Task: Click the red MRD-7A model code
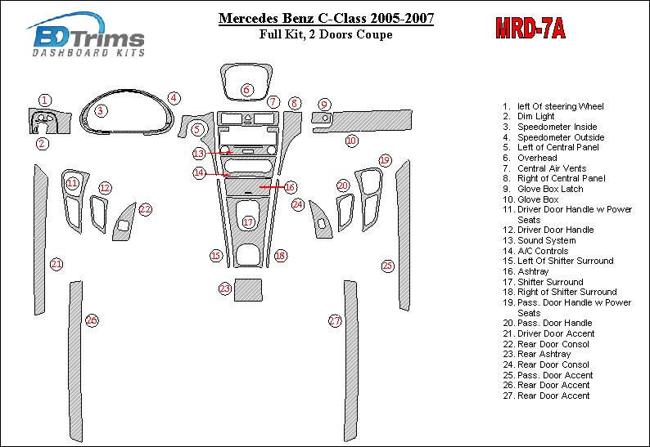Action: pyautogui.click(x=530, y=28)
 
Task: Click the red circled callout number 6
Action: pyautogui.click(x=246, y=90)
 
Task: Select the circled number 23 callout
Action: pyautogui.click(x=224, y=288)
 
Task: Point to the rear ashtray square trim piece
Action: pyautogui.click(x=248, y=290)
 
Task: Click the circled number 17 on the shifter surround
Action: pyautogui.click(x=248, y=222)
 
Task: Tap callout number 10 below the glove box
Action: pyautogui.click(x=351, y=141)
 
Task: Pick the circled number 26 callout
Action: pyautogui.click(x=92, y=320)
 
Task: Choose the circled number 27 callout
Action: pyautogui.click(x=335, y=321)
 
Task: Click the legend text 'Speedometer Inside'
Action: pyautogui.click(x=557, y=127)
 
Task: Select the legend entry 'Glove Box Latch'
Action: pyautogui.click(x=550, y=189)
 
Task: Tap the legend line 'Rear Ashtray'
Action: pyautogui.click(x=544, y=354)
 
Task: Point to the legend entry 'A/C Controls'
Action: pyautogui.click(x=543, y=251)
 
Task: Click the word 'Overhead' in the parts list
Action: pyautogui.click(x=537, y=158)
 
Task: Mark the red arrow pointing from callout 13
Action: pyautogui.click(x=219, y=153)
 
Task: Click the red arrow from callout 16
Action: pyautogui.click(x=272, y=187)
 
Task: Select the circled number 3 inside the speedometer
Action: pyautogui.click(x=101, y=110)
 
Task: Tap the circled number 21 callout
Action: pyautogui.click(x=56, y=264)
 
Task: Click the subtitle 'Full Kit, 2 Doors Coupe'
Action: pyautogui.click(x=326, y=34)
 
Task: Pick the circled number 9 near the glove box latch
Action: pyautogui.click(x=324, y=105)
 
